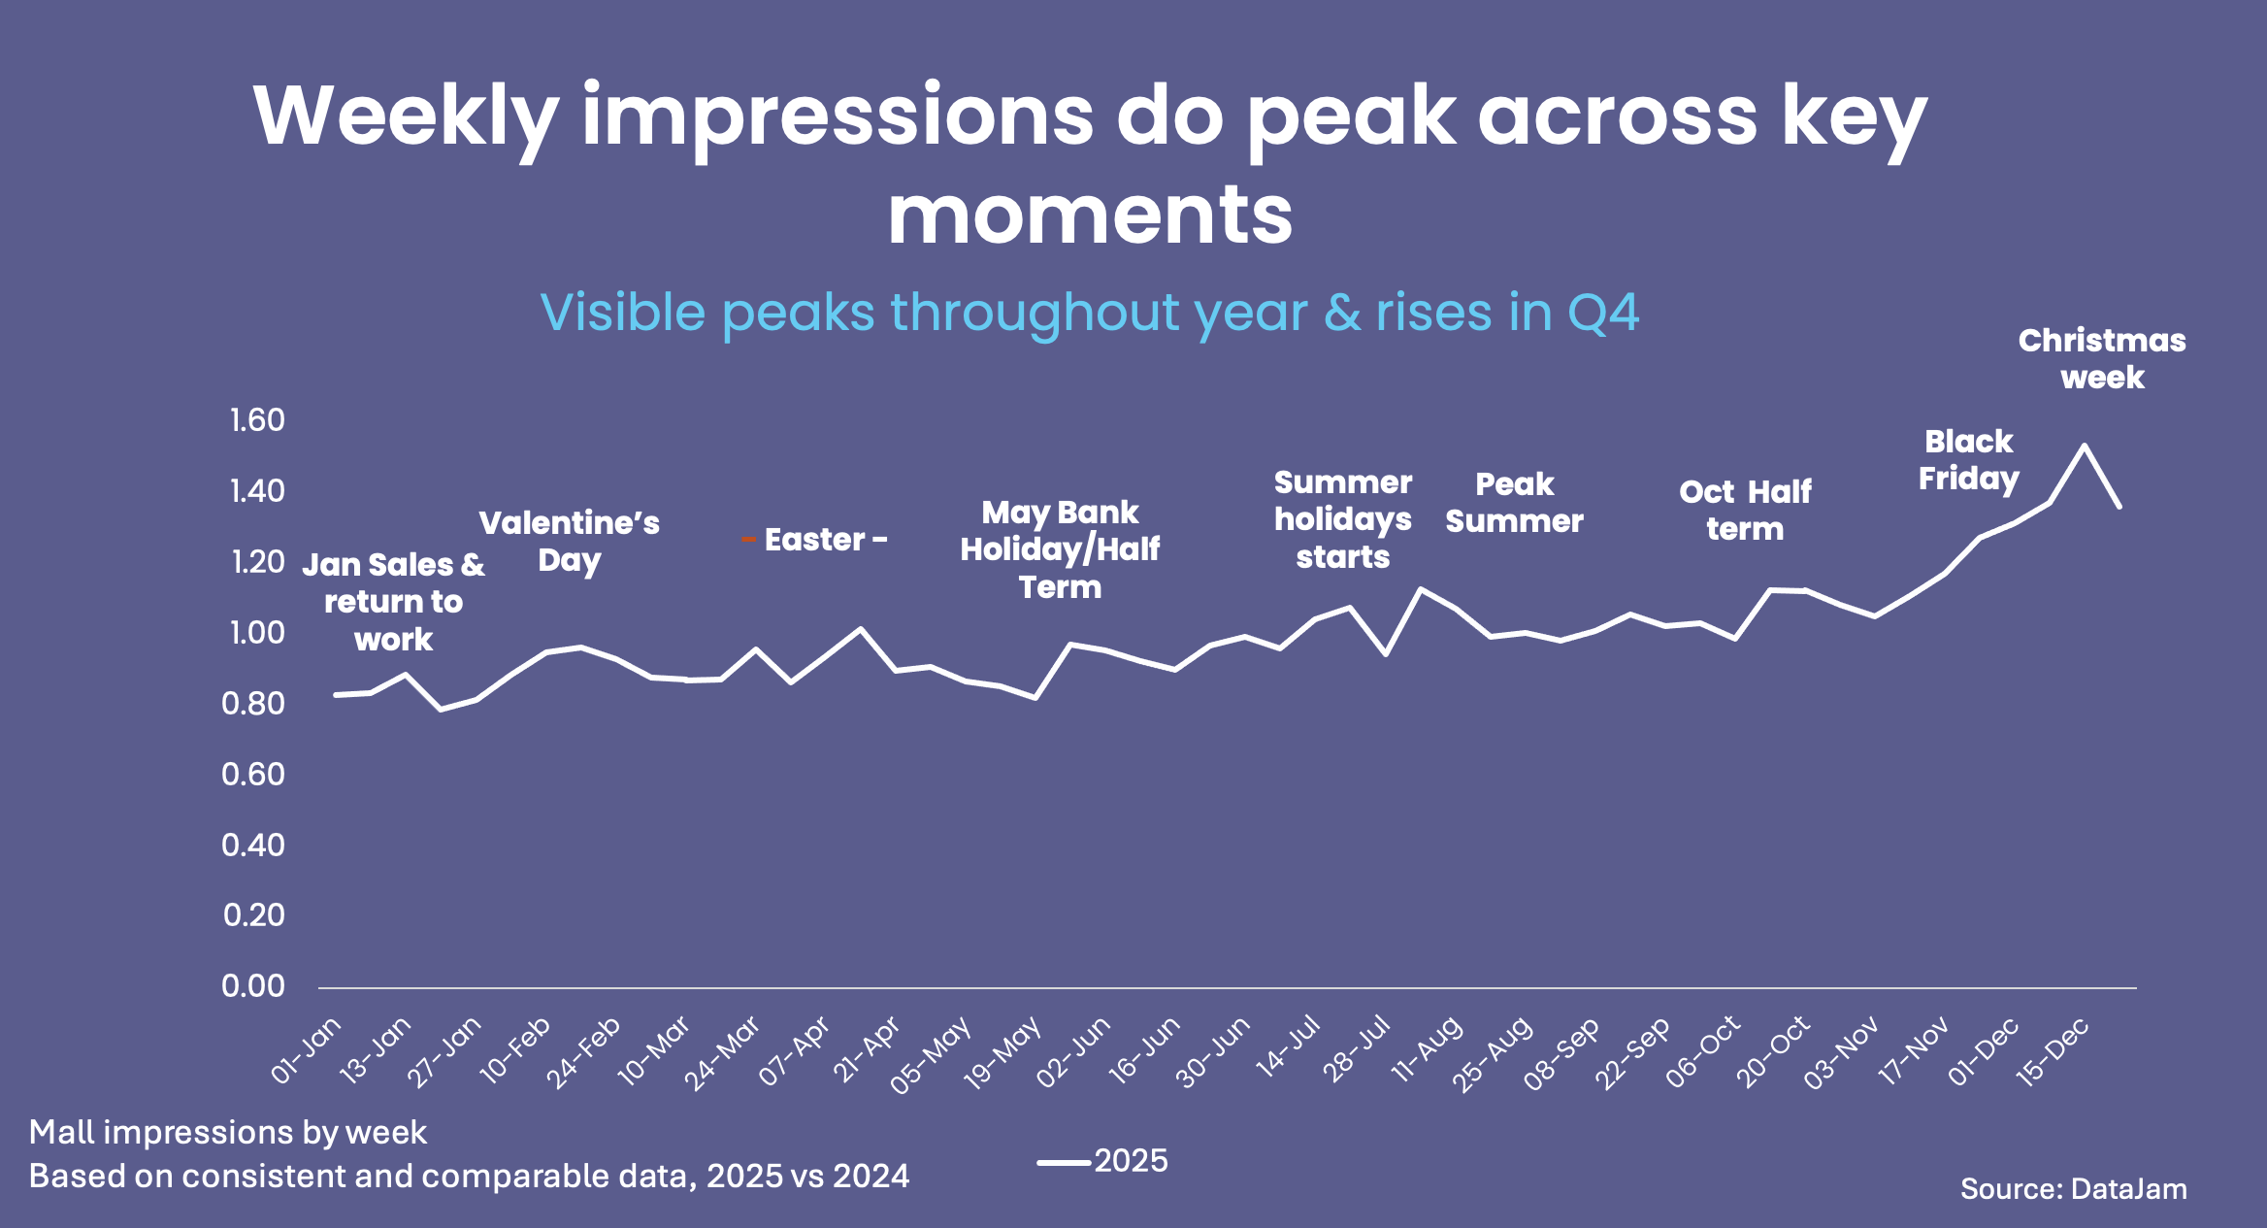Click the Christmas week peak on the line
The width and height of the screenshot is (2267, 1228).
point(2084,447)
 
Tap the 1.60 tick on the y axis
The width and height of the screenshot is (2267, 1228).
point(257,420)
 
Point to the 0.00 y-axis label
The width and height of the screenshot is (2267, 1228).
point(253,986)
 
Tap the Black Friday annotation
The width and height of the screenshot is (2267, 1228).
point(1969,460)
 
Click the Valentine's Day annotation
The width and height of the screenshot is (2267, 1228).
point(570,542)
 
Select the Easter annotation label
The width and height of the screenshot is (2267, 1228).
point(815,540)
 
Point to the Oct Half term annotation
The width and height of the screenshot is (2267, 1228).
point(1745,511)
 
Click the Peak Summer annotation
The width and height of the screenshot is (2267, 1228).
point(1514,503)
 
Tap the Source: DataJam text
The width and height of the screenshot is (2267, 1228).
point(2073,1189)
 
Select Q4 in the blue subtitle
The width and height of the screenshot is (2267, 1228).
point(1602,313)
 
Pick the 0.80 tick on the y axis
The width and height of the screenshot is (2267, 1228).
point(253,704)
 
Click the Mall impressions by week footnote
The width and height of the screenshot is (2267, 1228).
point(228,1133)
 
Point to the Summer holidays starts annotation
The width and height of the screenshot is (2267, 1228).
point(1343,519)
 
